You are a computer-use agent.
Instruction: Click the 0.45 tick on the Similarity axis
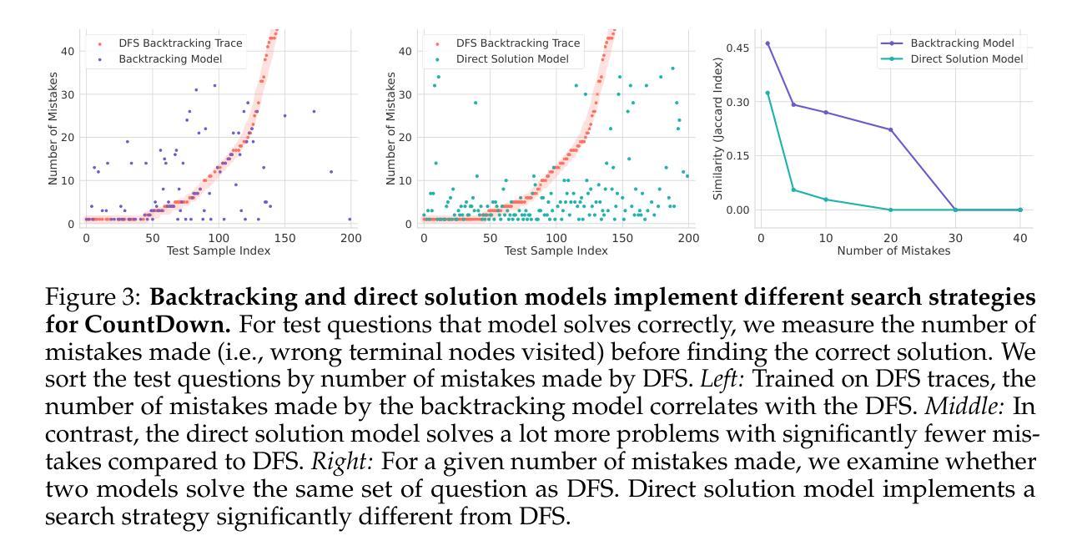(738, 48)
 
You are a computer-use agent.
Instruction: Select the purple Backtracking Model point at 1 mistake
(767, 43)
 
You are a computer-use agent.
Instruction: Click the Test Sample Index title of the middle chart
(556, 250)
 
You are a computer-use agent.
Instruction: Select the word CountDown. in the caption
(123, 321)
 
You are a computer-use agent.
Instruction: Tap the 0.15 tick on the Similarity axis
(738, 156)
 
